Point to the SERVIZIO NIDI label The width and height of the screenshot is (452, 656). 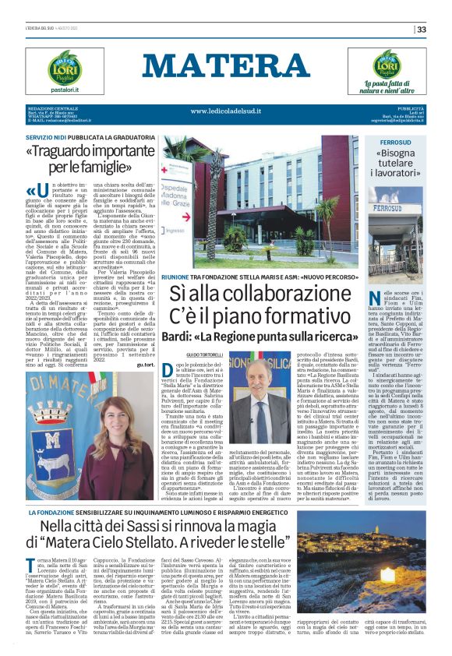(x=49, y=136)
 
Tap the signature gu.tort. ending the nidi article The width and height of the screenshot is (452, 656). (x=144, y=363)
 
